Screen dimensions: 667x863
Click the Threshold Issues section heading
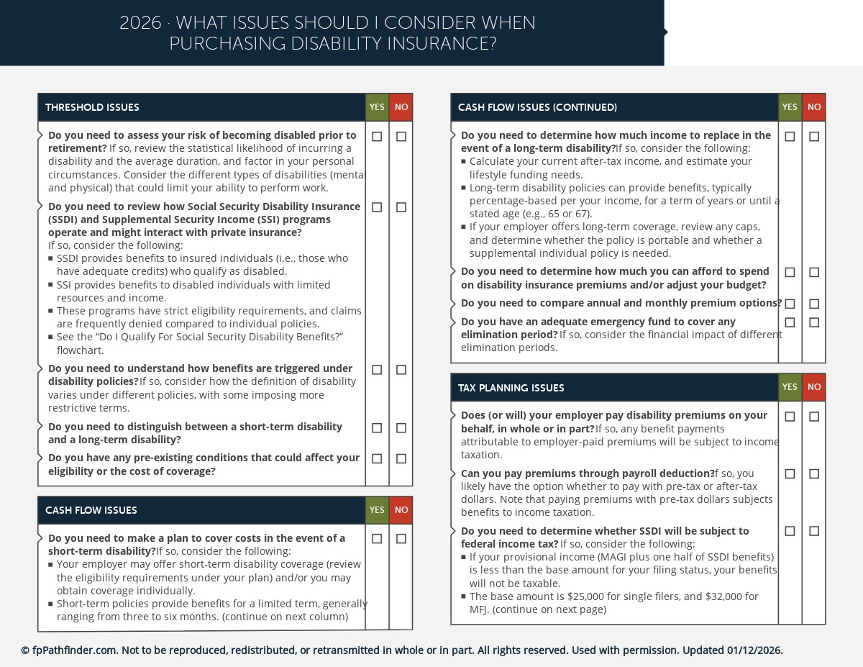click(x=92, y=108)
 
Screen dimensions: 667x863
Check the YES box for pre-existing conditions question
click(x=377, y=458)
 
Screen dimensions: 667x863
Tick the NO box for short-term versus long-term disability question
click(x=401, y=428)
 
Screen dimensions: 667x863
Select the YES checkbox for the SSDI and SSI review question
click(x=377, y=207)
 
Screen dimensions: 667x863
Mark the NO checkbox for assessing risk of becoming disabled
click(x=401, y=136)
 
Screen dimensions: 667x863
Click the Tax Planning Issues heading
click(x=511, y=388)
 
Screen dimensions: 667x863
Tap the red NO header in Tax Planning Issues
click(x=814, y=387)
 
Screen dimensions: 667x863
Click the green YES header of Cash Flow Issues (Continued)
click(x=790, y=107)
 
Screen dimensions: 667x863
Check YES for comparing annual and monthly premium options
click(x=790, y=304)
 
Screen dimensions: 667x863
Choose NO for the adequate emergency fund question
click(x=814, y=322)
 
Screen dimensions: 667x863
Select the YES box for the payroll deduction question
click(x=790, y=474)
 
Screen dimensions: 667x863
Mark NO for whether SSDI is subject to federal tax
click(x=814, y=531)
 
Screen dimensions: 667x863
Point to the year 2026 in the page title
click(x=140, y=23)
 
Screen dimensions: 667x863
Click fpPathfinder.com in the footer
click(x=74, y=650)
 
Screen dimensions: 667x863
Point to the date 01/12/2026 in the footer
click(x=754, y=650)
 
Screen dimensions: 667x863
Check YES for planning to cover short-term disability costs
click(x=377, y=539)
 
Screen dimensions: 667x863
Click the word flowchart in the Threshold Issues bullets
click(x=81, y=350)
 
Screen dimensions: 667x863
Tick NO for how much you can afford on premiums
click(x=814, y=273)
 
